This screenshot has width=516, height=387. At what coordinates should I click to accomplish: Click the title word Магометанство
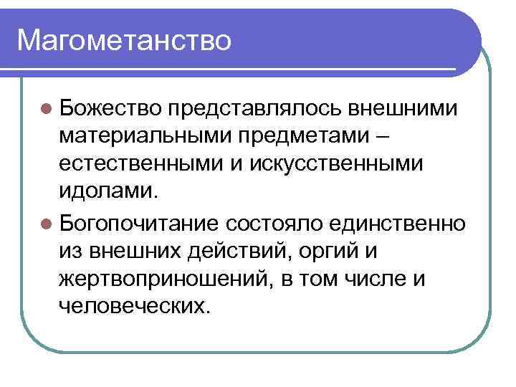pyautogui.click(x=124, y=40)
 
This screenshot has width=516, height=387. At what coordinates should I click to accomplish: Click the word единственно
pyautogui.click(x=399, y=223)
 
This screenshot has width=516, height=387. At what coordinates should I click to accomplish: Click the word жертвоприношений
pyautogui.click(x=163, y=279)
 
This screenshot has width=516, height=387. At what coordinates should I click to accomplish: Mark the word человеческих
pyautogui.click(x=136, y=307)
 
